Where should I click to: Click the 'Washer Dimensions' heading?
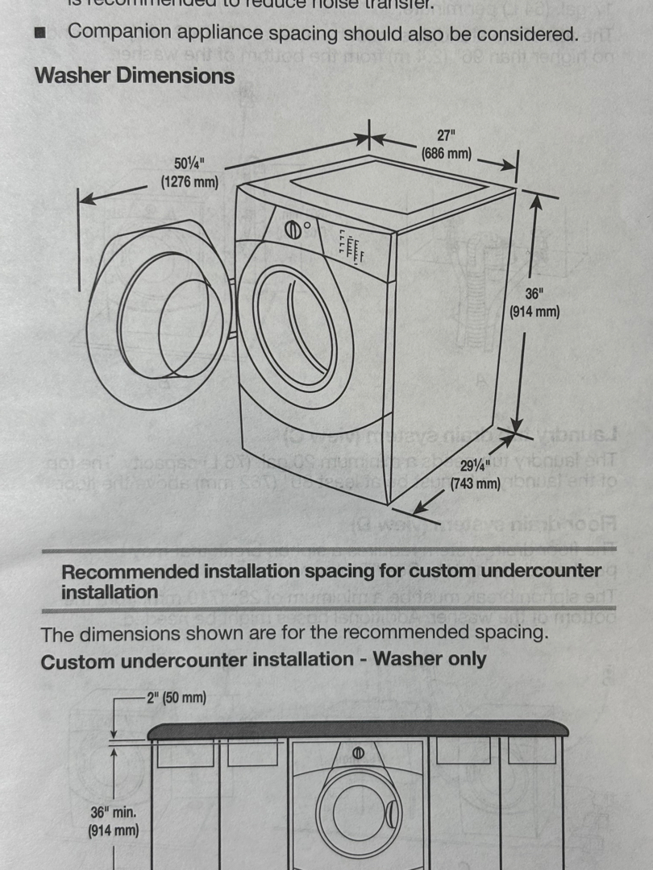point(135,76)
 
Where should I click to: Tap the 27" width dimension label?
point(447,135)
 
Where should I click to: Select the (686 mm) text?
point(447,153)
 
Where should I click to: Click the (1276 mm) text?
point(189,182)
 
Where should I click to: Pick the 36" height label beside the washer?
point(534,294)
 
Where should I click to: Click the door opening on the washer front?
point(294,328)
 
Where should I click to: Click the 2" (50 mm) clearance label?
point(176,698)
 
